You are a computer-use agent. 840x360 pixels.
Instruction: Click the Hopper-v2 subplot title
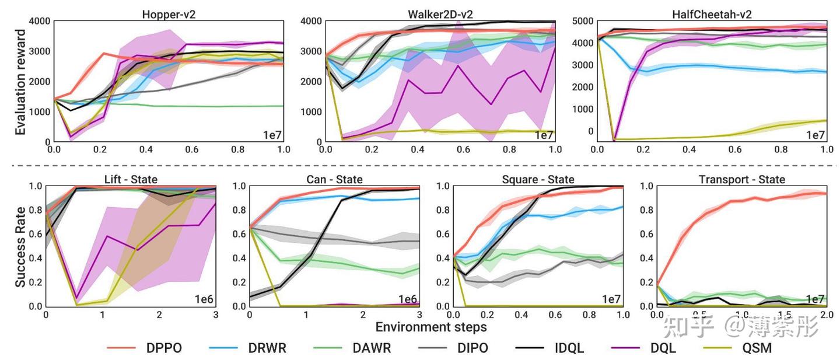pos(169,14)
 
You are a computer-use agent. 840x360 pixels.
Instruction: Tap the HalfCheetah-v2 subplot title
pos(712,14)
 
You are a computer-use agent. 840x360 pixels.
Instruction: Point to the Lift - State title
pos(130,179)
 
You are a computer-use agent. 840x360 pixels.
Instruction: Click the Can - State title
pos(334,179)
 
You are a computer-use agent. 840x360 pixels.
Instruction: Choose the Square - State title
pos(538,179)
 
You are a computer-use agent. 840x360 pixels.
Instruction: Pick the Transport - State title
pos(741,179)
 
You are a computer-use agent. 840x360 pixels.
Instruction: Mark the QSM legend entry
pos(753,348)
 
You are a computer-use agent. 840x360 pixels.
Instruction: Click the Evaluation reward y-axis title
pos(21,82)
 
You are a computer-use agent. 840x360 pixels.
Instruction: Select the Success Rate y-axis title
pos(21,246)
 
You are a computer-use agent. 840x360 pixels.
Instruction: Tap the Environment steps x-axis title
pos(430,327)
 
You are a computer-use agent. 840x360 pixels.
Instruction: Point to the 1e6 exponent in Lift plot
pos(204,299)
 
